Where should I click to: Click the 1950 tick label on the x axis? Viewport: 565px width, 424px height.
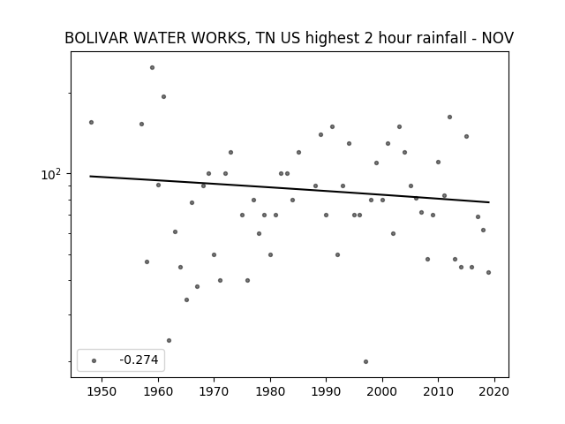(102, 391)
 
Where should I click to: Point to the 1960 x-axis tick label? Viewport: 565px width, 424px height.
(158, 391)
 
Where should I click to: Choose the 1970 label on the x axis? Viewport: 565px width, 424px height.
(214, 391)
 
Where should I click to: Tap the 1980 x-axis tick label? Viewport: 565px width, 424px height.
(270, 391)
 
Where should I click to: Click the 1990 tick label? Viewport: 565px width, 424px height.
(326, 391)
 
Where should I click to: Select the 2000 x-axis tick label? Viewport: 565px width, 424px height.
(382, 391)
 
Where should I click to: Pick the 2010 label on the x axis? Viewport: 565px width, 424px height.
(438, 391)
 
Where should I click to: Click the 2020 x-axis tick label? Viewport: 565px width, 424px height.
(494, 391)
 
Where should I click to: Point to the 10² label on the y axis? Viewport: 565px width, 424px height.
(51, 175)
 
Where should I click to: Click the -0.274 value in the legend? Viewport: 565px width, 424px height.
(139, 360)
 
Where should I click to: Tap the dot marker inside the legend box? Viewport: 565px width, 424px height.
(94, 360)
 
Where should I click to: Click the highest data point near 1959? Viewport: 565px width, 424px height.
(153, 67)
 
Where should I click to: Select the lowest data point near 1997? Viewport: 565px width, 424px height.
(365, 361)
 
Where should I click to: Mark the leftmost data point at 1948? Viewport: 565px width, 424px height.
(91, 122)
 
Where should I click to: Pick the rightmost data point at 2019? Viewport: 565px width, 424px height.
(488, 273)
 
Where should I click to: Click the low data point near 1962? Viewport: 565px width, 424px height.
(169, 340)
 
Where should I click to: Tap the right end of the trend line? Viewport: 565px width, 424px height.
(489, 202)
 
